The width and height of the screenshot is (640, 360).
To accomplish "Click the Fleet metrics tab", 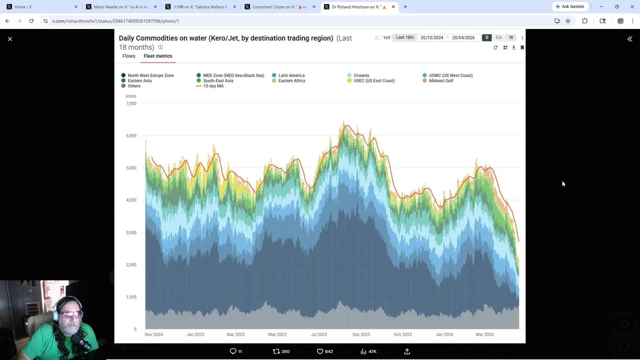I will point(157,56).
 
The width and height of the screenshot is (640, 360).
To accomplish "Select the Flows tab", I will point(128,56).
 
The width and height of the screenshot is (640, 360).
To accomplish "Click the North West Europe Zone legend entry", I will point(150,75).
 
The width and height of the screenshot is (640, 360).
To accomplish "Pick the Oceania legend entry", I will point(361,75).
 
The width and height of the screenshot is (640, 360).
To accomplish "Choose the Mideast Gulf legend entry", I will point(440,80).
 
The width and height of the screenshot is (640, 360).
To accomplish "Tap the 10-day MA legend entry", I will point(213,86).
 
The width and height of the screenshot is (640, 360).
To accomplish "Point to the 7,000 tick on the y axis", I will point(131,103).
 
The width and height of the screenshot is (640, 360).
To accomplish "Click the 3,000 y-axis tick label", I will point(131,232).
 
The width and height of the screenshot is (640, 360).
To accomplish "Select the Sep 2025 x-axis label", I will point(361,334).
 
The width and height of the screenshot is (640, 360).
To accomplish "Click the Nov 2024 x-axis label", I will point(153,334).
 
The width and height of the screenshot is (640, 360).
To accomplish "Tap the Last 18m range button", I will point(404,37).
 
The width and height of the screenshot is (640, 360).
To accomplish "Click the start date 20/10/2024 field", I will point(431,37).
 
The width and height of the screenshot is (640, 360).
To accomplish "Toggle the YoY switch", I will point(378,37).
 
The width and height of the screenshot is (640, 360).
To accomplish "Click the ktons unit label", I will point(130,96).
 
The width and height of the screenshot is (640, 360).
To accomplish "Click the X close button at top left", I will point(10,39).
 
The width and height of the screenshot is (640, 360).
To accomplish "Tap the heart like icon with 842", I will point(320,351).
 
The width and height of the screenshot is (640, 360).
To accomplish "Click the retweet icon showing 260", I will point(276,351).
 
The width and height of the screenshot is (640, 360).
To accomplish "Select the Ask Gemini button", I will point(569,6).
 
